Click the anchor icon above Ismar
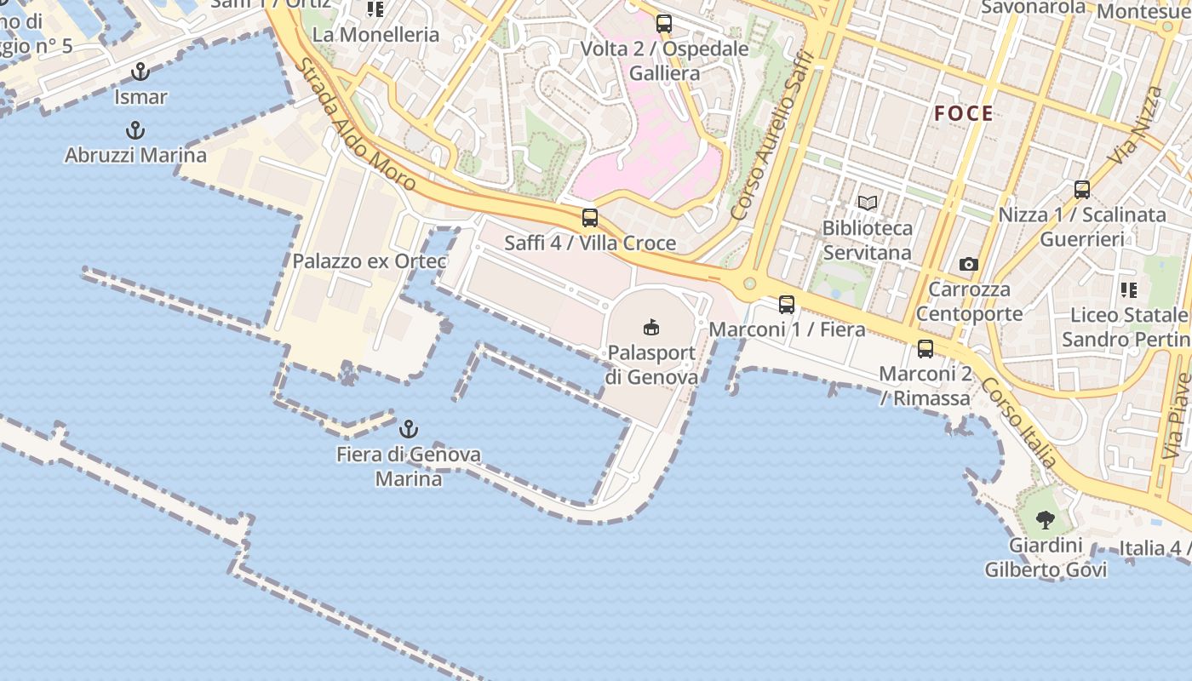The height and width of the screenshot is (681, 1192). (x=140, y=72)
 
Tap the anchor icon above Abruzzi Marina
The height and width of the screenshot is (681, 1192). (x=135, y=130)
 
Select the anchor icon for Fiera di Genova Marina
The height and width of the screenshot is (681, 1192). (x=409, y=428)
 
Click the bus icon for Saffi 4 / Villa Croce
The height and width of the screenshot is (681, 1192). (x=590, y=218)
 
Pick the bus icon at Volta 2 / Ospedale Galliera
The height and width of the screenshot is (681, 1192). (x=664, y=24)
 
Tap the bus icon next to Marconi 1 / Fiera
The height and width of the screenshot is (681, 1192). (x=787, y=304)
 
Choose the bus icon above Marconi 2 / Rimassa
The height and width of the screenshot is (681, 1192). (x=926, y=348)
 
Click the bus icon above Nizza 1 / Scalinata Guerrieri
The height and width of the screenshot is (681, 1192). (x=1082, y=190)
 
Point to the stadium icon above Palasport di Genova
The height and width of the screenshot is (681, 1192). (x=651, y=327)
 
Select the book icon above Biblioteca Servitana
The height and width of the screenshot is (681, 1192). (x=868, y=203)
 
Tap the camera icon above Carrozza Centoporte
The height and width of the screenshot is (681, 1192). (x=968, y=264)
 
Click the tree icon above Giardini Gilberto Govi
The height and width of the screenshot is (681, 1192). (x=1046, y=519)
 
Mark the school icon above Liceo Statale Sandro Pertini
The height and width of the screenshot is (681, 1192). (x=1129, y=289)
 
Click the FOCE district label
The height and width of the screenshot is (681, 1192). (x=963, y=113)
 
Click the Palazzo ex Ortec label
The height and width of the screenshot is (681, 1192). (x=369, y=261)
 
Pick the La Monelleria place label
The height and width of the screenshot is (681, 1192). (x=375, y=35)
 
